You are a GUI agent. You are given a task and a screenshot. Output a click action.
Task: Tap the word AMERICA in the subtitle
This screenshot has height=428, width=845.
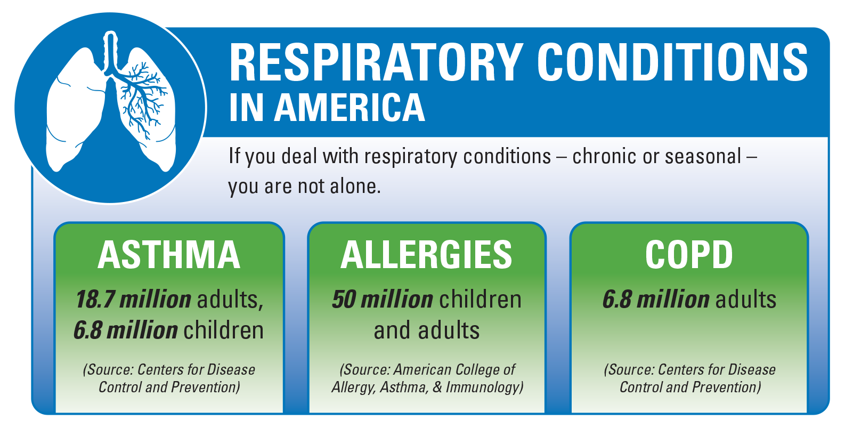(350, 108)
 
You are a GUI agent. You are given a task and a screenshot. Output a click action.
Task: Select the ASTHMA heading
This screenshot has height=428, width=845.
(169, 255)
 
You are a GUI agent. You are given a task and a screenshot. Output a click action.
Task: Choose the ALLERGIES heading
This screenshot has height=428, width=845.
(426, 255)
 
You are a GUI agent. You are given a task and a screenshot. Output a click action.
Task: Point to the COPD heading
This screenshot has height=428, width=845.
(689, 255)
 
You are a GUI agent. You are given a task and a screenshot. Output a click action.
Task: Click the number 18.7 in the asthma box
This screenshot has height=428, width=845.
(95, 300)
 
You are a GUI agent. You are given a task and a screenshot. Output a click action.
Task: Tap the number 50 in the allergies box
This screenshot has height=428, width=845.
(344, 300)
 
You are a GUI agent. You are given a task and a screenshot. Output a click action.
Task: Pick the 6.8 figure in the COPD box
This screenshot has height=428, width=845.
(617, 300)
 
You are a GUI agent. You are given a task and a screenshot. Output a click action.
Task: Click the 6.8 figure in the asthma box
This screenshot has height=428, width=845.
(88, 330)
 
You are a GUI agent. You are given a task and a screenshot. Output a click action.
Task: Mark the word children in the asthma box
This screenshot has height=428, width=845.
(223, 330)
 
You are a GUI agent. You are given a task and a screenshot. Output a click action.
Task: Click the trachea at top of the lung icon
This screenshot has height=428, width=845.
(110, 53)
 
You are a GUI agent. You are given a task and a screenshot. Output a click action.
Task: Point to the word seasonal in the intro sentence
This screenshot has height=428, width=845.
(703, 156)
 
